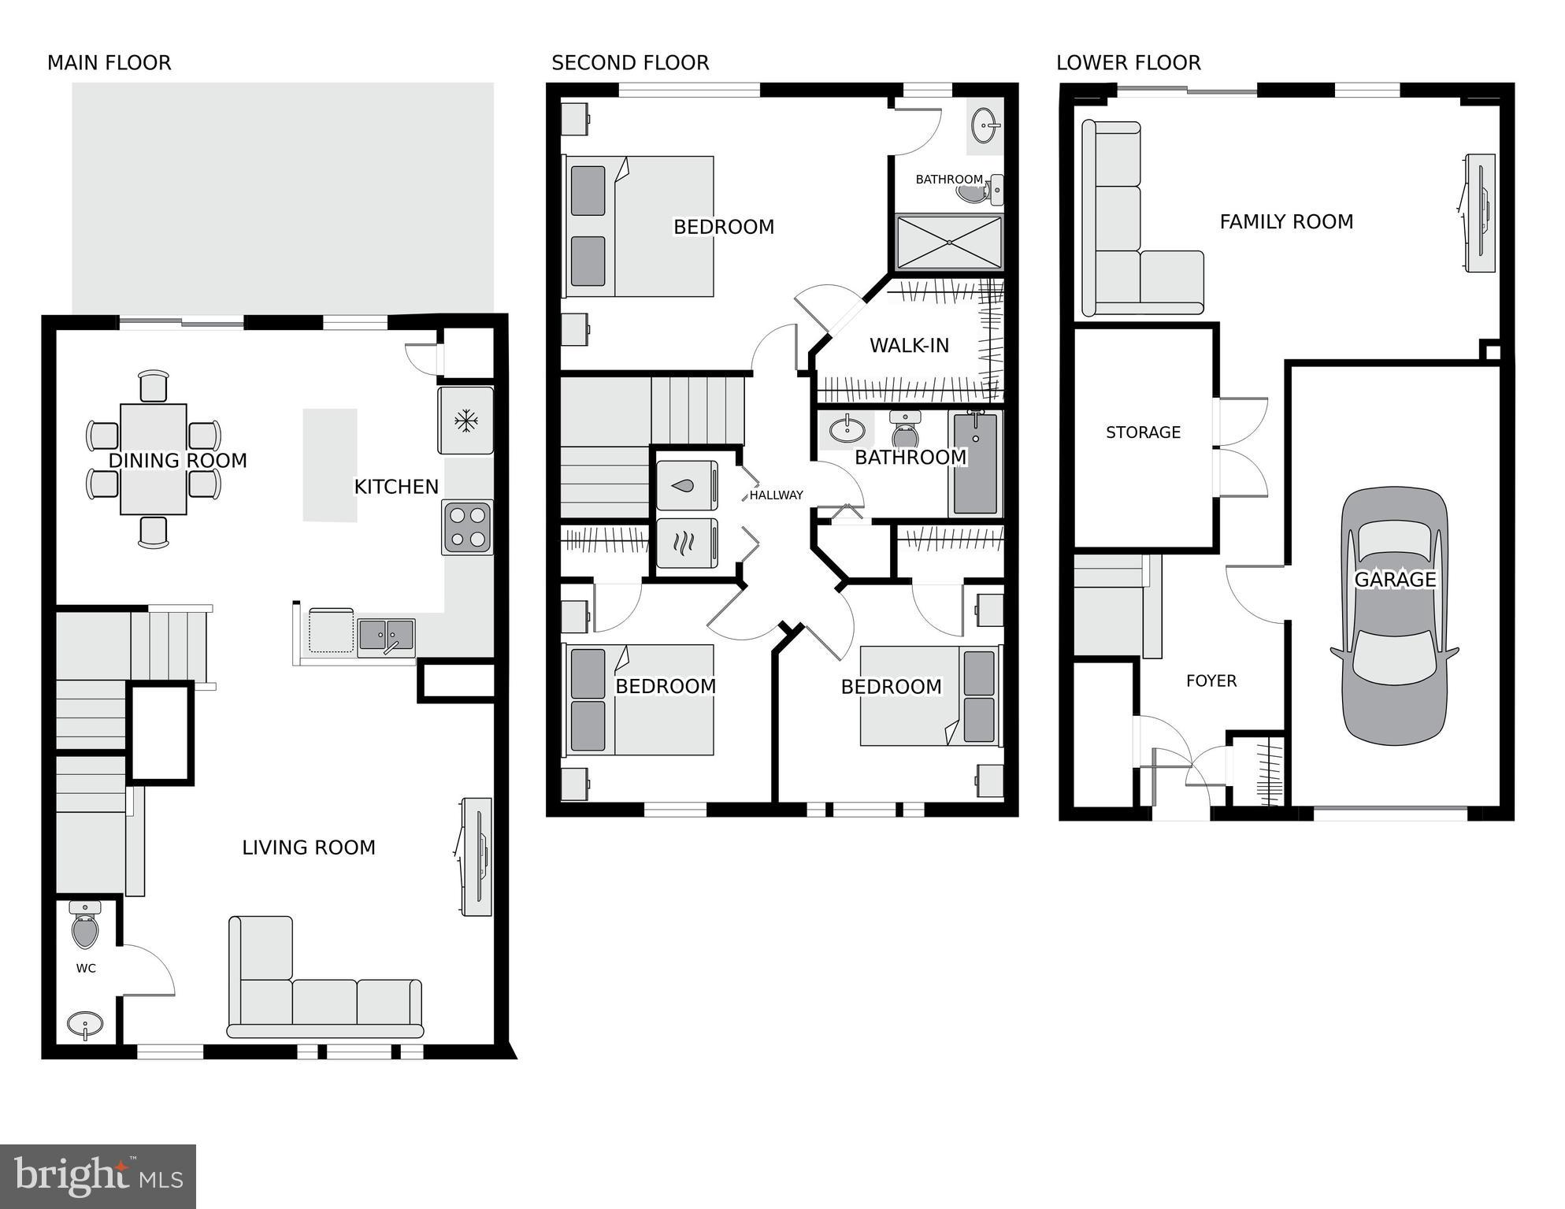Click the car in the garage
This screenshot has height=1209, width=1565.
tap(1394, 616)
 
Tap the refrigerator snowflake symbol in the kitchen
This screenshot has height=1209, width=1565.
tap(466, 421)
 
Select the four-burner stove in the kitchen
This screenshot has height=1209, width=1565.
tap(467, 527)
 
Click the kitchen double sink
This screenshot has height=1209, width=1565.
tap(386, 636)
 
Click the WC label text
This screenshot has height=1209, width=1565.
tap(86, 968)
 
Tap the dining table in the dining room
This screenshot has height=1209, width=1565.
tap(154, 459)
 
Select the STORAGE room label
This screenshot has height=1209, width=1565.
tap(1143, 432)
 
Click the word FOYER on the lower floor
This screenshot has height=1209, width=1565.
tap(1211, 681)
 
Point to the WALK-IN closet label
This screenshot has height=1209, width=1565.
tap(909, 345)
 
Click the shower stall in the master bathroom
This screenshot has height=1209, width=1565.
tap(949, 242)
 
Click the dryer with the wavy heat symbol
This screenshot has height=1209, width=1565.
tap(686, 542)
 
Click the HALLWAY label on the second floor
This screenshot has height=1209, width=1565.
tap(776, 495)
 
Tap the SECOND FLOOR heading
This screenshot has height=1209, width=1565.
tap(630, 63)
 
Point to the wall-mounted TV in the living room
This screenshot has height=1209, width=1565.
tap(477, 856)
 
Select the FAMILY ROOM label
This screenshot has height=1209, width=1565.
tap(1286, 222)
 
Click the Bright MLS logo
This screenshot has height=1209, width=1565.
tap(98, 1176)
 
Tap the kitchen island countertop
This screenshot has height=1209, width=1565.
tap(330, 465)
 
